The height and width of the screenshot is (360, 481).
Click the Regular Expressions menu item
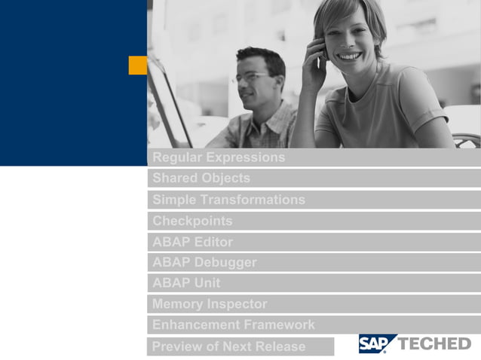(x=219, y=157)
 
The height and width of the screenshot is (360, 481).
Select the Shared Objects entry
(x=201, y=178)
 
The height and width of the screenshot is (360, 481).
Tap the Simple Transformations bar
(x=228, y=200)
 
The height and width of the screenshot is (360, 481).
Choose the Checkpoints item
(x=192, y=221)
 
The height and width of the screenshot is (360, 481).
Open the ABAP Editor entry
(x=192, y=242)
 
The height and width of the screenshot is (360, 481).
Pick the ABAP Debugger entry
(x=204, y=262)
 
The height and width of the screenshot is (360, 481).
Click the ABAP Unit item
(x=186, y=283)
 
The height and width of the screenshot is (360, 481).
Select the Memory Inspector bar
(x=210, y=304)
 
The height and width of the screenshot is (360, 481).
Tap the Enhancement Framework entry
(x=233, y=325)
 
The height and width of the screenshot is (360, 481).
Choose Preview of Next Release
(x=229, y=346)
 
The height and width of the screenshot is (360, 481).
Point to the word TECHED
(x=434, y=344)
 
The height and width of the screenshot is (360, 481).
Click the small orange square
(x=138, y=66)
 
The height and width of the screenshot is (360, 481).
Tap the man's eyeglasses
(x=252, y=77)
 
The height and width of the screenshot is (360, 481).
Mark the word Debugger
(x=225, y=262)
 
